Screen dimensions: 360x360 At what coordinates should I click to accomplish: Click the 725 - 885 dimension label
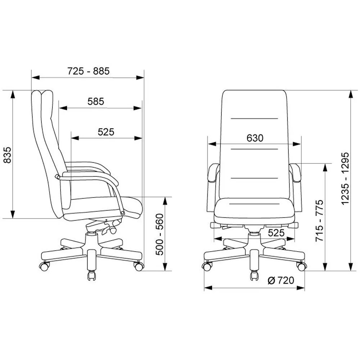click(89, 71)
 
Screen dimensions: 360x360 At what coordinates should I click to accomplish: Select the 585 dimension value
click(96, 102)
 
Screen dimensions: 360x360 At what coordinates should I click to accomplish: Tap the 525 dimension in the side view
click(106, 132)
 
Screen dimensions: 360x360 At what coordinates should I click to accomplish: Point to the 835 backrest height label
click(8, 155)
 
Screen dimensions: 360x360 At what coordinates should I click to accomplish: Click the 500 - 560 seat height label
click(159, 234)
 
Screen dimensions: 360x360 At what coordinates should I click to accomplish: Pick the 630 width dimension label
click(255, 138)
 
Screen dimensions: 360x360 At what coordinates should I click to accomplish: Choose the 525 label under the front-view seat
click(276, 233)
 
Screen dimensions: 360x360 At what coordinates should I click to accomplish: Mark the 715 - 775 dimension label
click(319, 221)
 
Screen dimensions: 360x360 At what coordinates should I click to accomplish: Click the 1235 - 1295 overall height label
click(345, 178)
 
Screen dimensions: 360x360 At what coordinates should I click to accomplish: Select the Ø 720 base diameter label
click(281, 280)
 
